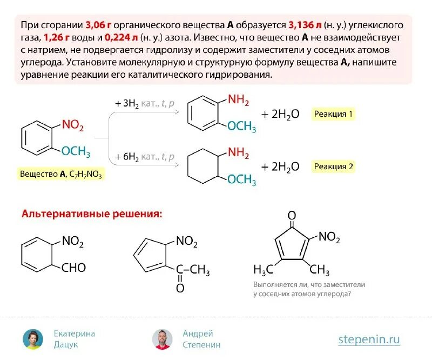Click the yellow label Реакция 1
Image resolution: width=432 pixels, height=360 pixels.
[x=333, y=114]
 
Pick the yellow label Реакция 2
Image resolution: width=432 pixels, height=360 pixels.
[x=333, y=166]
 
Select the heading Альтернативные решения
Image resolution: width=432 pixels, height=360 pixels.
[x=91, y=214]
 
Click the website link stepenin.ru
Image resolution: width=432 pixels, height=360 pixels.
[x=369, y=339]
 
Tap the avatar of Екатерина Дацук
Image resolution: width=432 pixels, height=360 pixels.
[x=32, y=338]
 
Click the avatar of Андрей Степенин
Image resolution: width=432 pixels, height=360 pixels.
[x=162, y=338]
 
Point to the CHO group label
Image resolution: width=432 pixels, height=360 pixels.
[x=73, y=268]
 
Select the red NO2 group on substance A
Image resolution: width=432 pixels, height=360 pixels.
[x=73, y=125]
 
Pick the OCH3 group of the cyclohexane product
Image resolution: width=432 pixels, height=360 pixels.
[x=241, y=179]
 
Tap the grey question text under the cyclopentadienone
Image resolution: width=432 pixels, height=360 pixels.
[x=309, y=289]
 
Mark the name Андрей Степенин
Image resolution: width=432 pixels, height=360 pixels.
[x=201, y=339]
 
